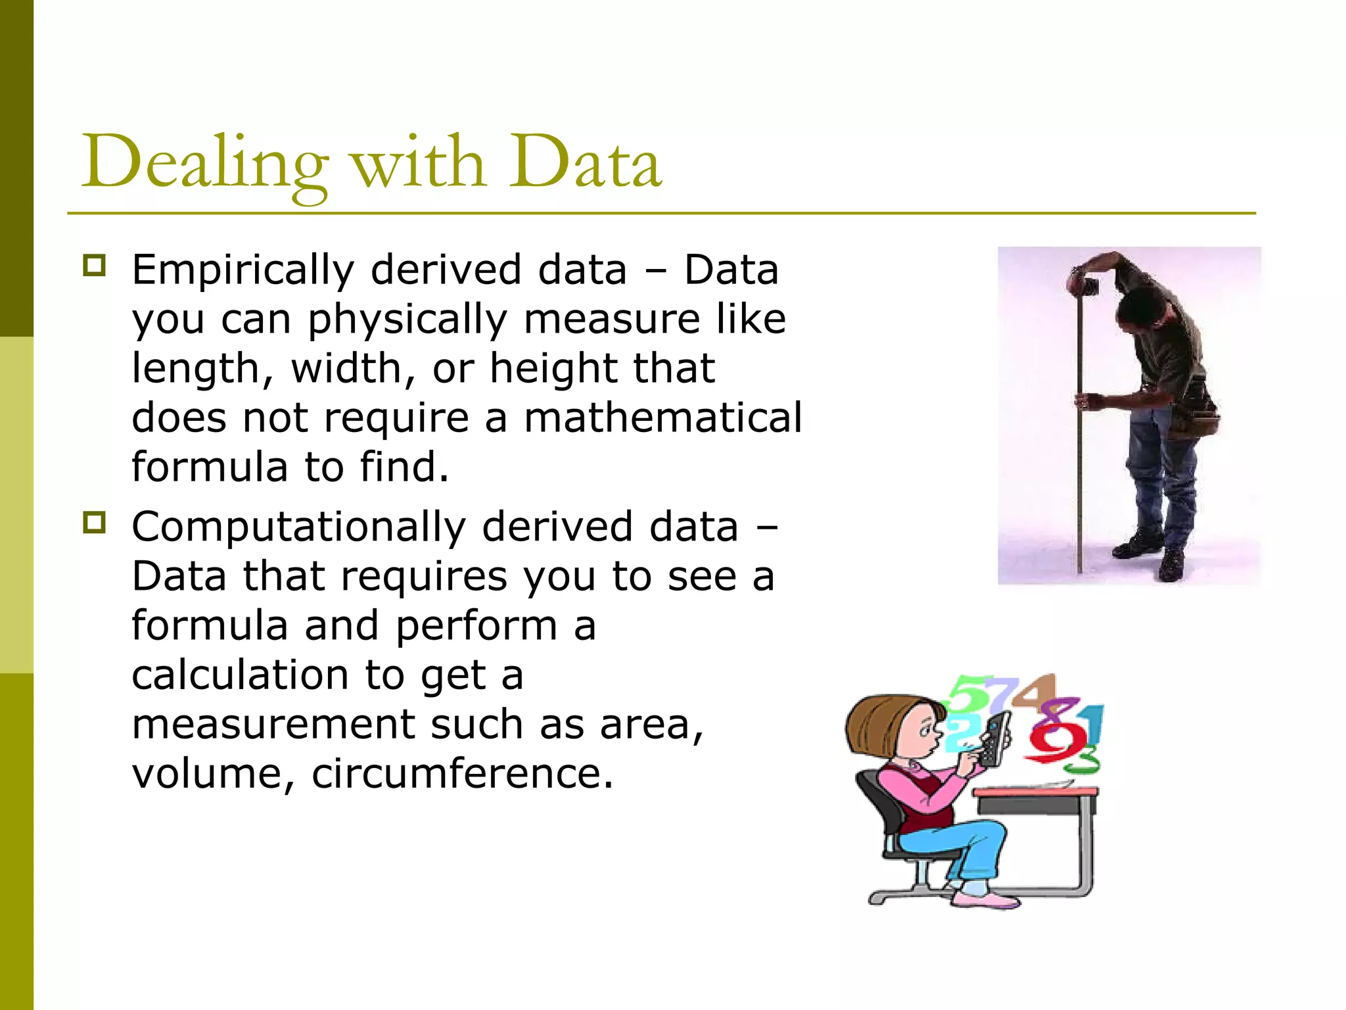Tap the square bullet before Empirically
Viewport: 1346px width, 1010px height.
pos(94,266)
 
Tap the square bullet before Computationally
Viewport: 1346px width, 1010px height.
pos(94,523)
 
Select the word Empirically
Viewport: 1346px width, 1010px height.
pos(243,271)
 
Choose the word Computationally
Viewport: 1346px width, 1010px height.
pos(298,527)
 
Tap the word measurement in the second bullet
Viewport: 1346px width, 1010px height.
pos(273,725)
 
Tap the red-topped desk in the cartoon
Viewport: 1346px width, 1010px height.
pos(1036,796)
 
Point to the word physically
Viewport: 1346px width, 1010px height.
pos(407,320)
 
